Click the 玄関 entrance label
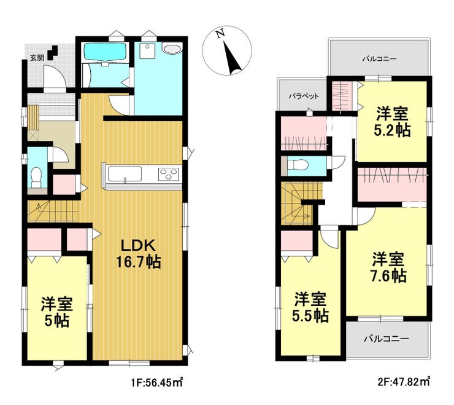[37, 58]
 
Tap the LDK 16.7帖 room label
[139, 254]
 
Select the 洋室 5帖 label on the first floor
[56, 312]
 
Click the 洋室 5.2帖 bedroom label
[392, 122]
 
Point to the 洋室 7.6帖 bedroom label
[388, 267]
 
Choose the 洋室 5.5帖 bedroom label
[310, 307]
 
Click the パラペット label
[304, 96]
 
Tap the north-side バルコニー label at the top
[379, 59]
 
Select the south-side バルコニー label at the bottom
[387, 339]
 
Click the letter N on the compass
[221, 34]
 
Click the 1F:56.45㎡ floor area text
[156, 383]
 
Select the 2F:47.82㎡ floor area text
[403, 381]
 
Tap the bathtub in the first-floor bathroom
[105, 52]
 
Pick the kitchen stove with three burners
[169, 175]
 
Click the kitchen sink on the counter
[125, 174]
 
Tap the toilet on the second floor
[298, 165]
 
